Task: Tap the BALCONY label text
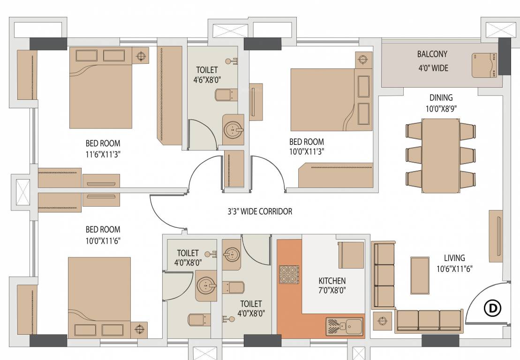click(x=432, y=54)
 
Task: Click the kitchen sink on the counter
click(x=344, y=326)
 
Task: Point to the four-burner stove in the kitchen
click(x=289, y=274)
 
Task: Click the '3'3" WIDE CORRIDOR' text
click(x=260, y=211)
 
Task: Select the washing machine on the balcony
click(x=485, y=65)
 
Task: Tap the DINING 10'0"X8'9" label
click(x=441, y=103)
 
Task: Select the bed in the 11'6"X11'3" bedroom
click(x=101, y=88)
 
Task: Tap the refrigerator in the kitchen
click(x=351, y=255)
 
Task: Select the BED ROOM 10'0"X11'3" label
click(x=306, y=146)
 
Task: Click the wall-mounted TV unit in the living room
click(x=496, y=235)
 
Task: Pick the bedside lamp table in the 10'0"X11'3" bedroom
click(x=362, y=60)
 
